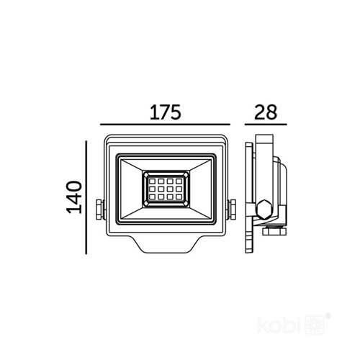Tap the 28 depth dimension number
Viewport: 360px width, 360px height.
[265, 113]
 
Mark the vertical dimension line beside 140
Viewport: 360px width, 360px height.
[86, 197]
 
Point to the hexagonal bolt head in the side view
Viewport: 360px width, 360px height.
[264, 210]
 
